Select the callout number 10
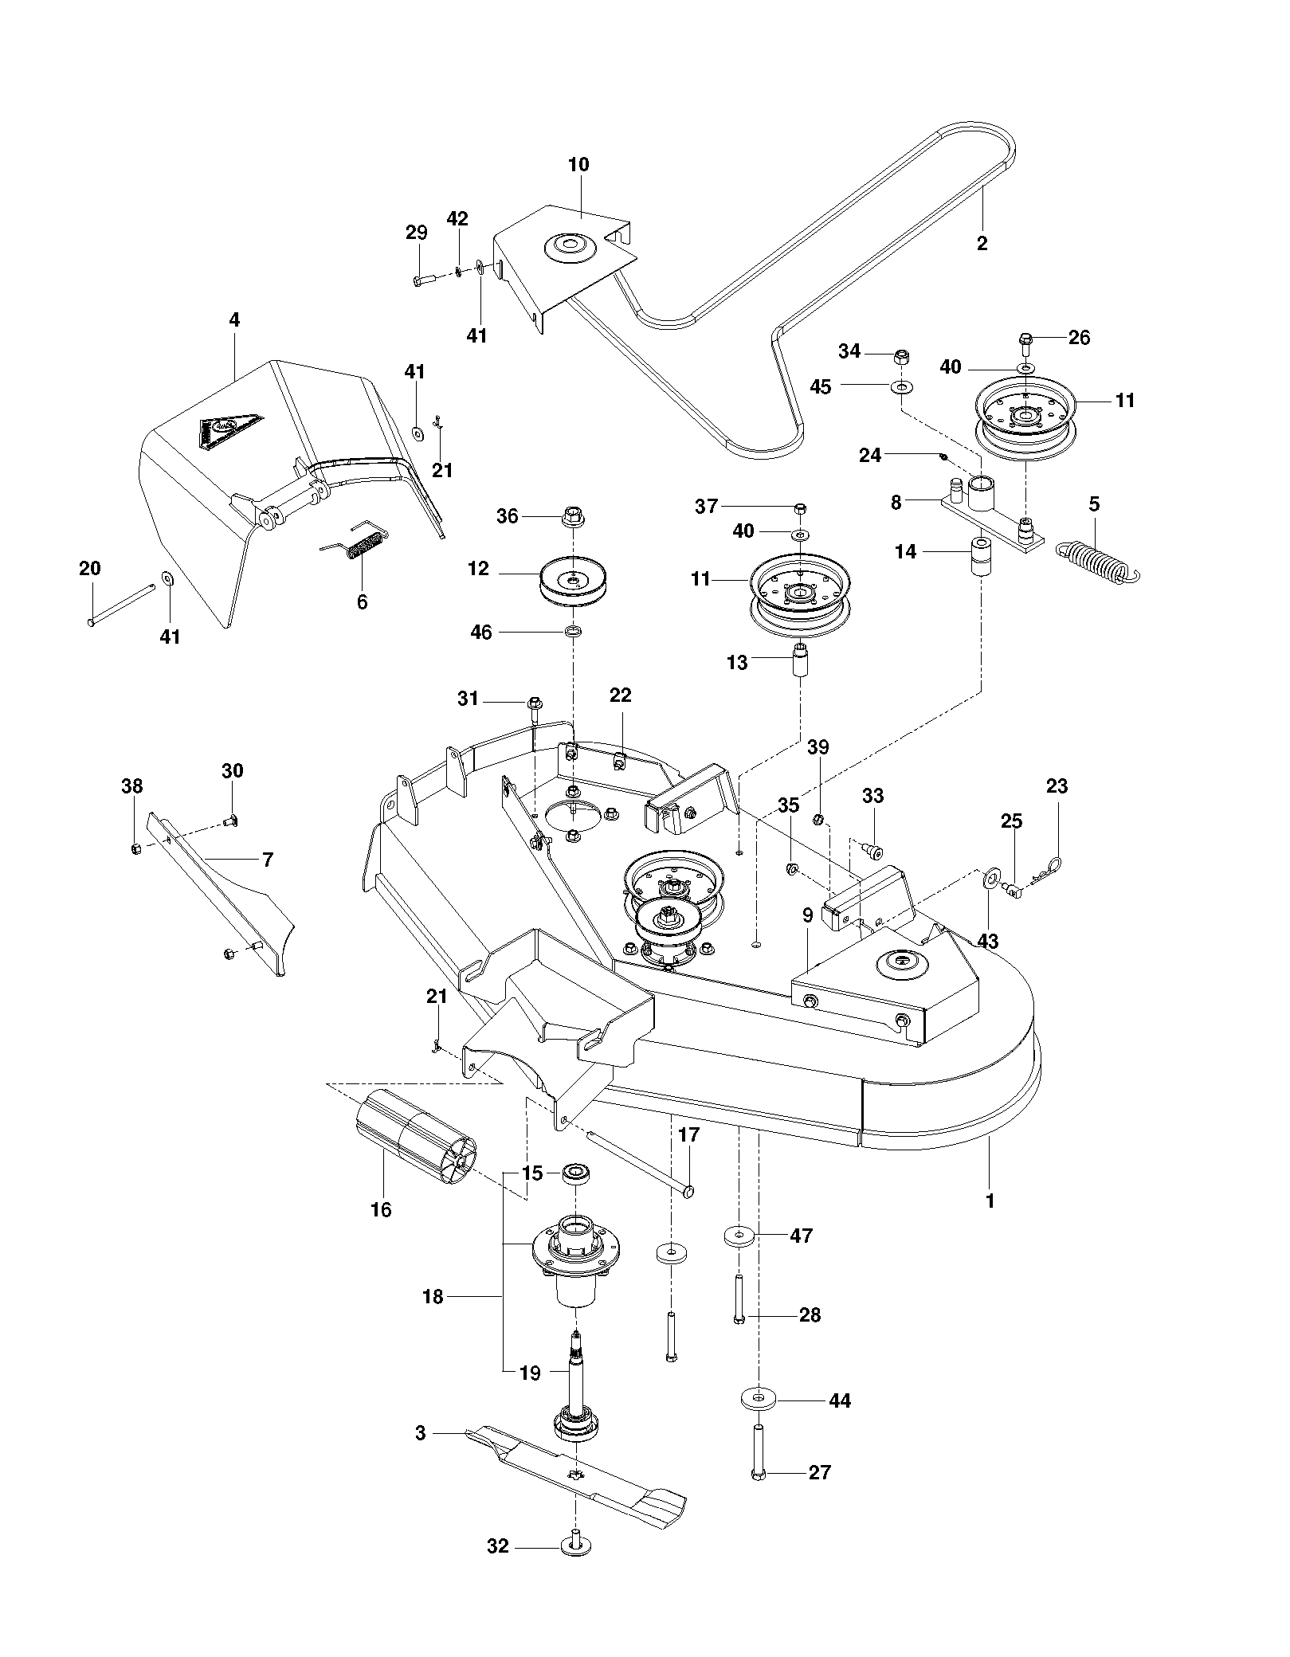[x=578, y=165]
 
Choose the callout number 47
[x=801, y=1236]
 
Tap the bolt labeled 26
[x=1025, y=344]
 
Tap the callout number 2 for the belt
[x=982, y=244]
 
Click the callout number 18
[x=433, y=1297]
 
